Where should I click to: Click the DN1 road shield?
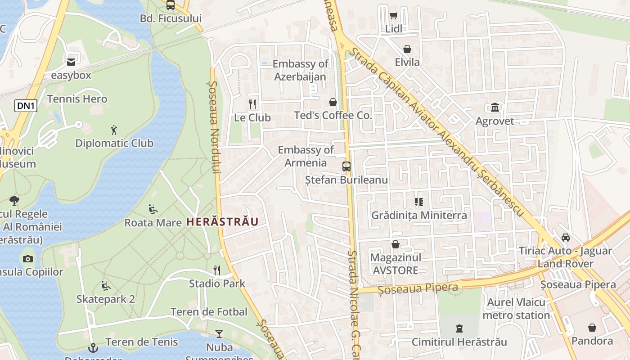(x=26, y=106)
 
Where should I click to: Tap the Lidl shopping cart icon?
(x=393, y=16)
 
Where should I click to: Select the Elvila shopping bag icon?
(x=407, y=49)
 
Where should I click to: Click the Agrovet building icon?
(x=495, y=107)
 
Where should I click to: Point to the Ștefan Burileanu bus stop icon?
(x=346, y=166)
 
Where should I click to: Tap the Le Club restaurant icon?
(x=252, y=104)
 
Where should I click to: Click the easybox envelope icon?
(x=71, y=62)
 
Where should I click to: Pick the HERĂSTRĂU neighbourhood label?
(x=222, y=222)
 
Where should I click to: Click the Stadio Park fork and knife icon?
(x=217, y=270)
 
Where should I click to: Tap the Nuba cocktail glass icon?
(x=219, y=333)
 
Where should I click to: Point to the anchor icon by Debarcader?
(x=93, y=347)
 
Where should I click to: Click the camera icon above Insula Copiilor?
(x=28, y=259)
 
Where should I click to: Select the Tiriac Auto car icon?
(x=565, y=237)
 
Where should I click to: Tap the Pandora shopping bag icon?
(x=592, y=328)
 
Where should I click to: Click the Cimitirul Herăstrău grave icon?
(x=459, y=328)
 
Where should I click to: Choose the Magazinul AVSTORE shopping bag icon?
(x=395, y=244)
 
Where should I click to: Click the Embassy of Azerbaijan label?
(x=300, y=70)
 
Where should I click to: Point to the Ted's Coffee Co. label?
(x=333, y=116)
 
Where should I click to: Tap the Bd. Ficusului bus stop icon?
(x=170, y=5)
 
